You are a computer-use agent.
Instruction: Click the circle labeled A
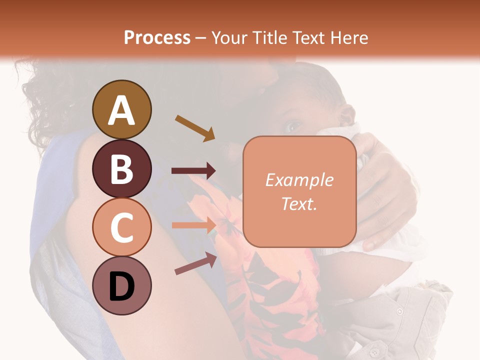pos(122,109)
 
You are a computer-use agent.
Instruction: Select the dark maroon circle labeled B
pos(122,168)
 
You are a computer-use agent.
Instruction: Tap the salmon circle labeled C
pos(122,227)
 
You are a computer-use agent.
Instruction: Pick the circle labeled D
pos(122,285)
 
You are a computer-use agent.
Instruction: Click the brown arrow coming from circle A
pos(195,127)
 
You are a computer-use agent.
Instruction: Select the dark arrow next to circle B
pos(193,171)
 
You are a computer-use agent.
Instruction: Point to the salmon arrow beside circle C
pos(193,225)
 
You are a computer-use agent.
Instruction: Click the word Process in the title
pos(157,37)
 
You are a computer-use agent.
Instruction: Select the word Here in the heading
pos(349,37)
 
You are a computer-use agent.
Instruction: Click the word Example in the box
pos(299,180)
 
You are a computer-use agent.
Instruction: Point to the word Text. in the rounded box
pos(299,203)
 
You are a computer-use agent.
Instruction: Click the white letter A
pos(122,110)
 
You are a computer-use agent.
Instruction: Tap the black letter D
pos(122,286)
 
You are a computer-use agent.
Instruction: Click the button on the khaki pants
pos(399,311)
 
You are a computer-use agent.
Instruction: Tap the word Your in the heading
pos(229,37)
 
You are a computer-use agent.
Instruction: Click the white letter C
pos(122,227)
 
